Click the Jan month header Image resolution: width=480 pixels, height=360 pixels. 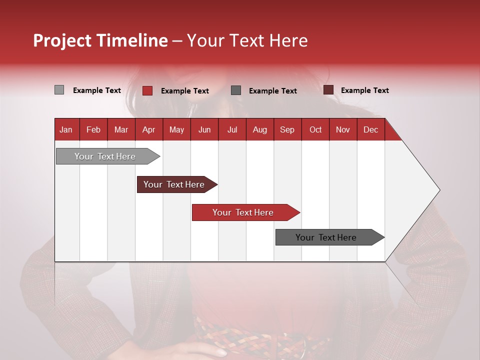point(66,129)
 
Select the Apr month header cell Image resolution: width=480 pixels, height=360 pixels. point(149,129)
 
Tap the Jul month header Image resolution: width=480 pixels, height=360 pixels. point(232,129)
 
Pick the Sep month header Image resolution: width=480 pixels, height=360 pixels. point(287,129)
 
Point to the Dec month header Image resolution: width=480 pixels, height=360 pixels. point(370,129)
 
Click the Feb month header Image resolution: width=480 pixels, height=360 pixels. point(93,129)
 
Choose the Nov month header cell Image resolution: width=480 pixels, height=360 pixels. point(343,129)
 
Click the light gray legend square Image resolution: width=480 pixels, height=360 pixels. point(59,90)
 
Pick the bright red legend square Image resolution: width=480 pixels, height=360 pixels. point(147,90)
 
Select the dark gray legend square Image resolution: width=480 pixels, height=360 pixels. point(236,90)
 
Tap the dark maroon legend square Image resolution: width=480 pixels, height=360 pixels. point(328,90)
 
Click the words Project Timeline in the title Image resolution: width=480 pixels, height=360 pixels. point(100,40)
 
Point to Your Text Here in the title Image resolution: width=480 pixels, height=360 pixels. point(247,40)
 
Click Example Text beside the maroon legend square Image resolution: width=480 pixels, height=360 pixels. point(364,90)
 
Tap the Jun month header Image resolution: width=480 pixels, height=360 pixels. point(204,129)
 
